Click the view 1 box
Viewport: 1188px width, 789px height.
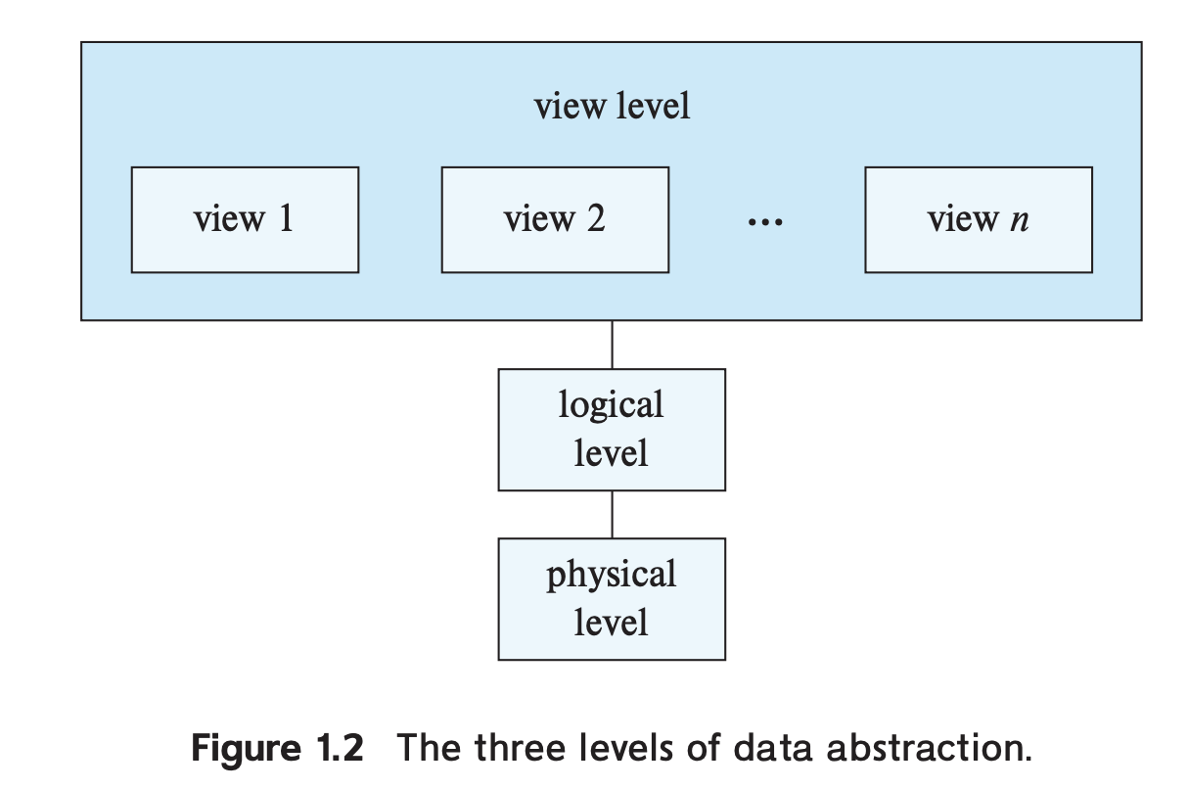point(245,219)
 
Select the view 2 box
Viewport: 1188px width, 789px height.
point(555,219)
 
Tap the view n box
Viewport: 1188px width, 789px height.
point(978,219)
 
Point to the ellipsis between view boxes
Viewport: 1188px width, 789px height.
point(764,223)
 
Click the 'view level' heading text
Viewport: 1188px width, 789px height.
point(612,106)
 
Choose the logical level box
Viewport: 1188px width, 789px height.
point(612,430)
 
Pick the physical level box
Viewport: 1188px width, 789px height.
point(612,598)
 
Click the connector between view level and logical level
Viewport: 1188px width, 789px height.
point(612,345)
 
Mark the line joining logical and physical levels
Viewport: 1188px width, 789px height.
point(612,514)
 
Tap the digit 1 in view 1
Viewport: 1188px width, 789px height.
point(285,218)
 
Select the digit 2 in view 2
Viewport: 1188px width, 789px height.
point(595,218)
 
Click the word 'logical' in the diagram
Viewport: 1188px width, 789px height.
point(611,405)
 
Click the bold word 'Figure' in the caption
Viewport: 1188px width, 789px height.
point(248,749)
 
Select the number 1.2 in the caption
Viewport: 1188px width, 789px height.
point(340,749)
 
